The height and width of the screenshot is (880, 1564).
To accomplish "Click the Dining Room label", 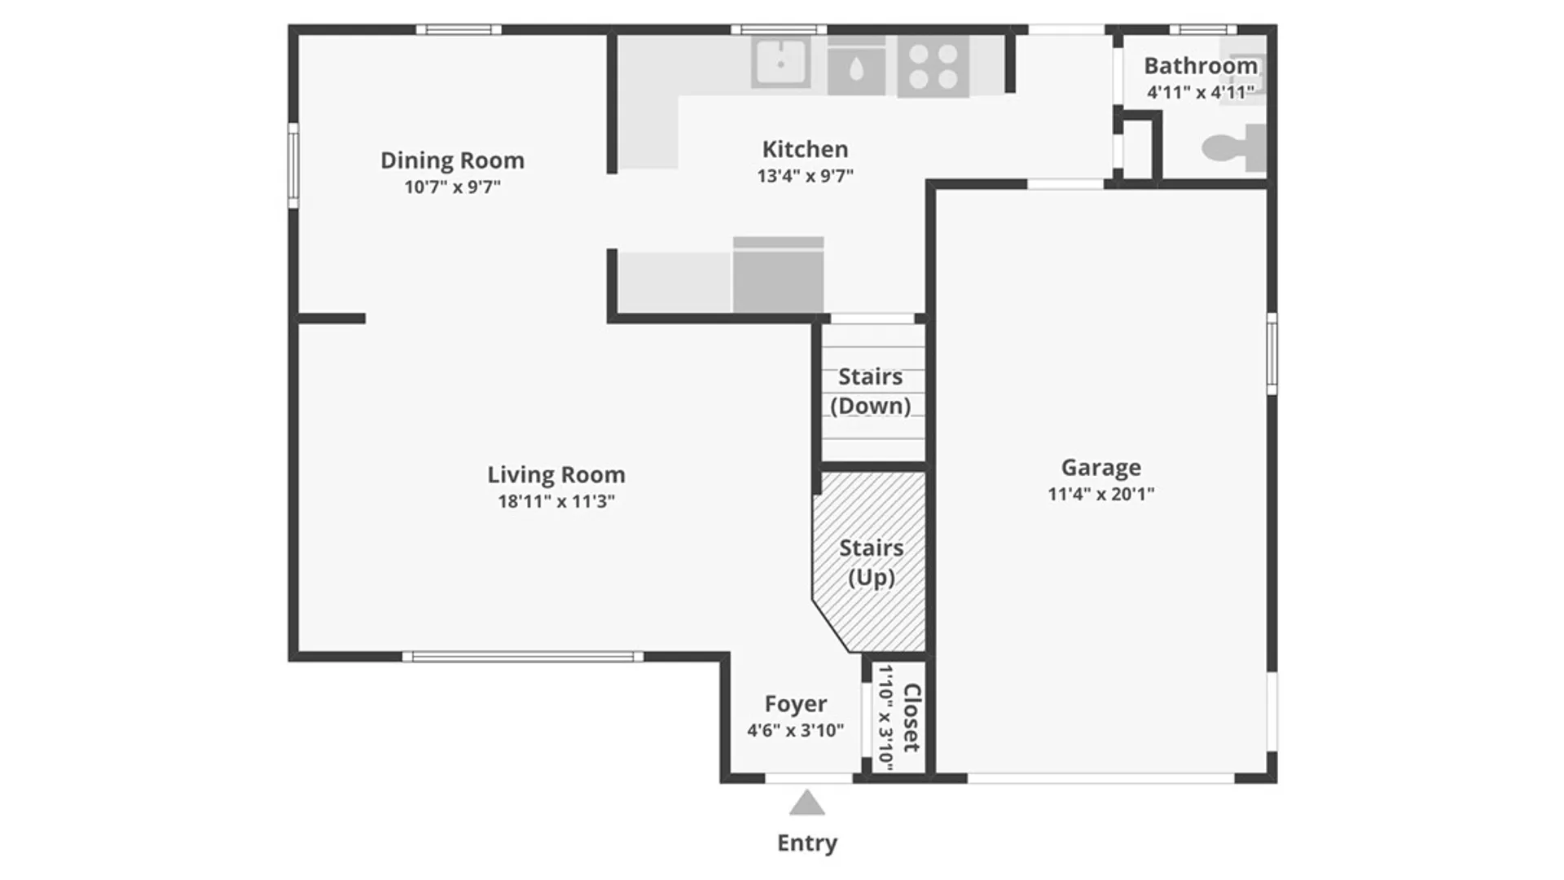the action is pos(452,161).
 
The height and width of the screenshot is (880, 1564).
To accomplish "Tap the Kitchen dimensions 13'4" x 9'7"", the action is pos(805,175).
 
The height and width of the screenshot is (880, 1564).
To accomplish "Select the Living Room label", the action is pos(556,474).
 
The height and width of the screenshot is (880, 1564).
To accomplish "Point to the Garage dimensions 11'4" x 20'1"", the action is pos(1101,494).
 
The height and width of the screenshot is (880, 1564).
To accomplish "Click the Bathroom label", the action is pos(1201,65).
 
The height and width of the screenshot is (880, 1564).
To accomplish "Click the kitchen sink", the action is pos(780,62).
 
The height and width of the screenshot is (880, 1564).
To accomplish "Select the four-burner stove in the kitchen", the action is pos(933,66).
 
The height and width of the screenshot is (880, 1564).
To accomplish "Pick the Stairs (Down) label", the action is pos(871,391).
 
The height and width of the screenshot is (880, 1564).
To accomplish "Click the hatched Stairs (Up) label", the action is pos(872,562).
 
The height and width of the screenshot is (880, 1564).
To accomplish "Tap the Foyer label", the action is pos(795,703).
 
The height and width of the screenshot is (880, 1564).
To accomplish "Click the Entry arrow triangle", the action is pos(806,803).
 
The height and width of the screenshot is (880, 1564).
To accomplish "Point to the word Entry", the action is pos(806,843).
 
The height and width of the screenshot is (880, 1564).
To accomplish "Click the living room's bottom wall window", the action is pos(523,657).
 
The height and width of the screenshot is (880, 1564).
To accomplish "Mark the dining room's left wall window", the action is pos(293,165).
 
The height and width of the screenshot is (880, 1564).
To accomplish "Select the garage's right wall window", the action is pos(1272,354).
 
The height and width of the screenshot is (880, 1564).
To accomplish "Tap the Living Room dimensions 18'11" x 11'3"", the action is pos(556,501).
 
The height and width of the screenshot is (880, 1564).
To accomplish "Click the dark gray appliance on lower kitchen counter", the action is pos(778,275).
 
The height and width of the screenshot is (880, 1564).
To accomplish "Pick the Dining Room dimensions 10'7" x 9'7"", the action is pos(452,187).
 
